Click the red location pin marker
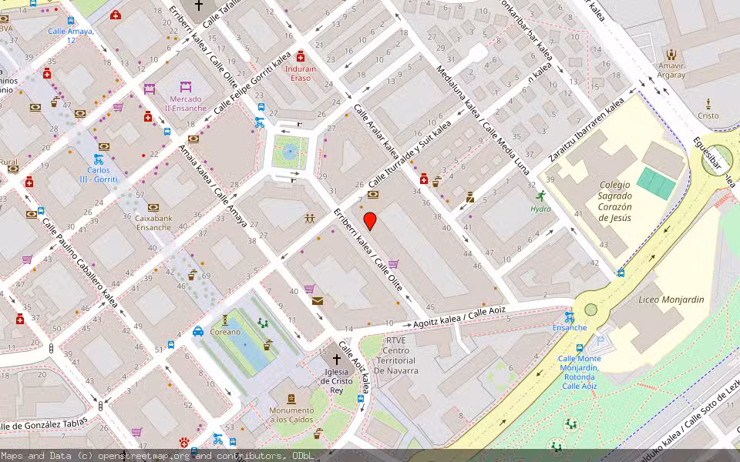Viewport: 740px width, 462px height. click(x=370, y=222)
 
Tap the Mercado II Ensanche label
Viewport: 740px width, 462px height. click(x=186, y=103)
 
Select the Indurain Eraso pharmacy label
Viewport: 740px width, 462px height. click(x=301, y=73)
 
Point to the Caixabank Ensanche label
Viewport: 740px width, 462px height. click(x=153, y=223)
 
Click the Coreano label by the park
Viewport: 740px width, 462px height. click(x=226, y=332)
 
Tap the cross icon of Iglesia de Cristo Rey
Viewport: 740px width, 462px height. click(x=336, y=360)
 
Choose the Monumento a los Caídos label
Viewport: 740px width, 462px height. click(x=291, y=415)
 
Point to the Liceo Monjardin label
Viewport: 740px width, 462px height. click(x=661, y=299)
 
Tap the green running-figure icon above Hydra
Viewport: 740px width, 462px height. click(x=540, y=196)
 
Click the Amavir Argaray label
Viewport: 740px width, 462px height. click(x=671, y=71)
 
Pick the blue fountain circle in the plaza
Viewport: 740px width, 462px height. click(x=289, y=152)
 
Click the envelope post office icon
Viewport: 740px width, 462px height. click(x=318, y=301)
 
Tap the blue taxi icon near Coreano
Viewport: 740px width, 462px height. click(x=198, y=332)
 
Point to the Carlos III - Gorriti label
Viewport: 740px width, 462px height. click(x=102, y=174)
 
